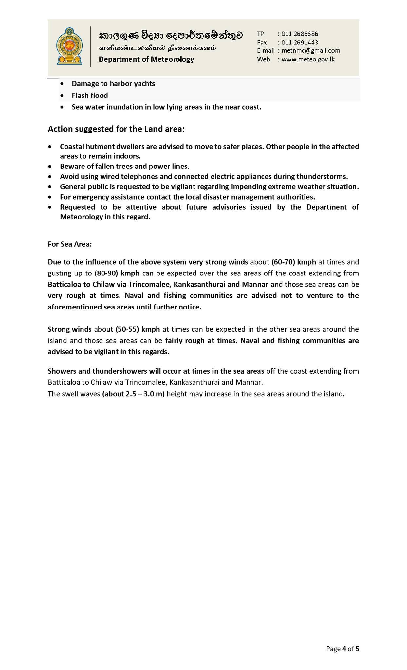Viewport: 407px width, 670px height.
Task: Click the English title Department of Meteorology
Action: pos(146,59)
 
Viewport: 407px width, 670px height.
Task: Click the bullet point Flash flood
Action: pos(90,96)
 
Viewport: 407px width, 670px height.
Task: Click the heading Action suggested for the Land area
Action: pos(116,129)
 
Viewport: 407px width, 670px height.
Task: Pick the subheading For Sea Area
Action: pos(70,244)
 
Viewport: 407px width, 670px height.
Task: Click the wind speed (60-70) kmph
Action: pos(294,262)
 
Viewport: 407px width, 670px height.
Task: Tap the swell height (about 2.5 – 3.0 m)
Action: pos(133,394)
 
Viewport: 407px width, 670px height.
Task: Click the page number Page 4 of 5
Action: pos(342,649)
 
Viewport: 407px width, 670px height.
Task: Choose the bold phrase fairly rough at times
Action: pos(200,341)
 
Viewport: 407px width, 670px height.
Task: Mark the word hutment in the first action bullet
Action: pos(97,147)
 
